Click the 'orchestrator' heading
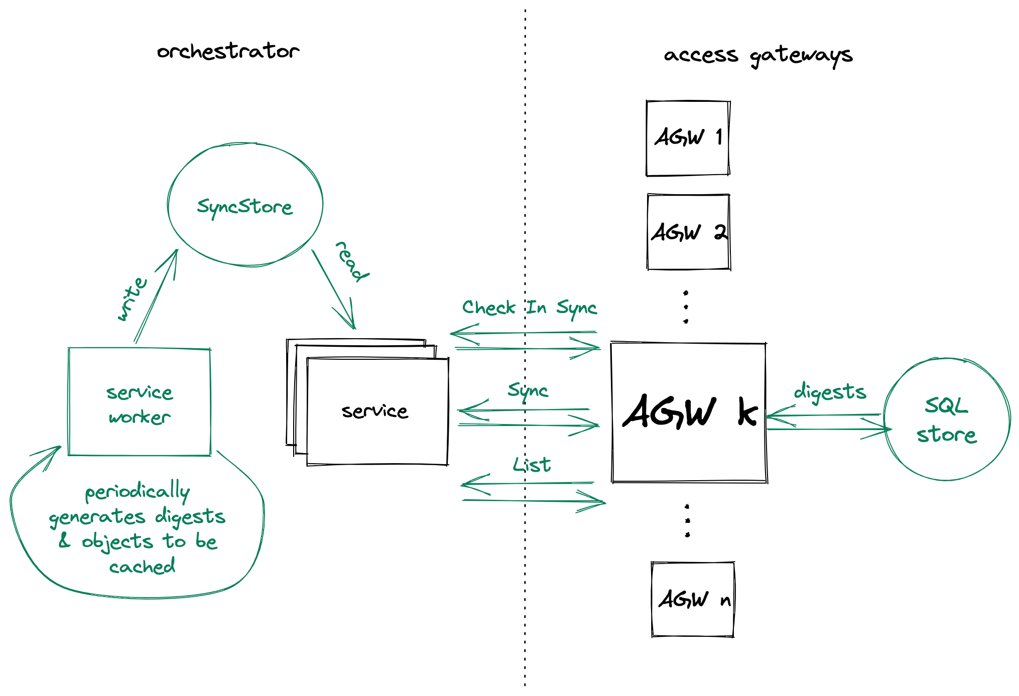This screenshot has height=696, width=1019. (228, 51)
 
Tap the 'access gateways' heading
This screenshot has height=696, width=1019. (757, 55)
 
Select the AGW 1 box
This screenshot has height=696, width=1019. (688, 138)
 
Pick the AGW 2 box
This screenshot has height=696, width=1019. (688, 232)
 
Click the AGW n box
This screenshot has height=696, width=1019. (693, 599)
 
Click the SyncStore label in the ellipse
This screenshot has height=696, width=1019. (244, 206)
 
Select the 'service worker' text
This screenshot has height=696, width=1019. (140, 404)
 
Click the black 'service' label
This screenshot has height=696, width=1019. (374, 411)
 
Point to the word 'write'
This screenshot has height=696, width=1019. (132, 299)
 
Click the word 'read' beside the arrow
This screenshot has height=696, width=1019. (351, 261)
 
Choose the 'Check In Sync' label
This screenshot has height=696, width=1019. (529, 308)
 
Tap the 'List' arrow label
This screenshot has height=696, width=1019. (532, 465)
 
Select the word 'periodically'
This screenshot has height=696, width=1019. (137, 492)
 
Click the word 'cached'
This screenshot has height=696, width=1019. (142, 567)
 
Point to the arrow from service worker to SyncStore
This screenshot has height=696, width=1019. (156, 296)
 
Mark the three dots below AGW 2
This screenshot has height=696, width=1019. (686, 307)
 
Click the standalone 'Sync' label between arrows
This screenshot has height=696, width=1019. (528, 390)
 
